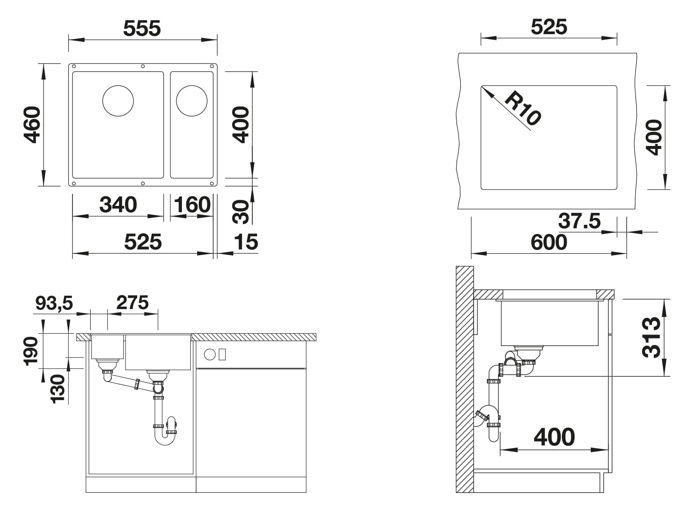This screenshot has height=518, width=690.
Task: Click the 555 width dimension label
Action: (x=142, y=28)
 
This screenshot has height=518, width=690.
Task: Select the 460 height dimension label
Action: (x=32, y=125)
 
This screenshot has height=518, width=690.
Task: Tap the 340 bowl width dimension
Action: (x=118, y=205)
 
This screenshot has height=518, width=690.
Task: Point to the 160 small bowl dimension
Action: (x=192, y=205)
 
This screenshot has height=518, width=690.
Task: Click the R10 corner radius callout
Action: (x=523, y=108)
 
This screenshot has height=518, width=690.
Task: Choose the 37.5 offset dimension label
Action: (x=579, y=221)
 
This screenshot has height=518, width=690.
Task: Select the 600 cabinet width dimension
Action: (x=549, y=243)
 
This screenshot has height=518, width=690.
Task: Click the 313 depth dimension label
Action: (x=651, y=338)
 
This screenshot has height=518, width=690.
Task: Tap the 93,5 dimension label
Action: (x=54, y=303)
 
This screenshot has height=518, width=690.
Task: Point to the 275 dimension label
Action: (x=132, y=303)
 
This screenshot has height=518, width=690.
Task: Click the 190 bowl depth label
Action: (x=31, y=351)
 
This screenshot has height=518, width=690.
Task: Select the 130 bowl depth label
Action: (x=57, y=389)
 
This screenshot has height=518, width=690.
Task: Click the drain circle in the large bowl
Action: (x=118, y=101)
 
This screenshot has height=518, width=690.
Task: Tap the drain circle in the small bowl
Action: (x=192, y=101)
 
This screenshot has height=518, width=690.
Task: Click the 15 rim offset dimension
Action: (x=246, y=242)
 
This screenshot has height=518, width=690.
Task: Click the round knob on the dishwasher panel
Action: (x=210, y=355)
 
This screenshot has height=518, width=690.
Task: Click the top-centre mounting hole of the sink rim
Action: (x=143, y=66)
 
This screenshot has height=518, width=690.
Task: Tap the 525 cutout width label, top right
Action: (x=549, y=27)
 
